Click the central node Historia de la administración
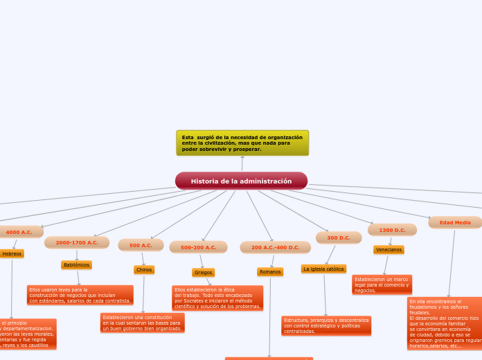241,181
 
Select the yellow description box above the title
242,143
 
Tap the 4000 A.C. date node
19,232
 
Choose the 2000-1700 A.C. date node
77,243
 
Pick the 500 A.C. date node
141,245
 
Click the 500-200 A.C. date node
198,247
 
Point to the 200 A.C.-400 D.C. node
275,247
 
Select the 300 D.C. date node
339,237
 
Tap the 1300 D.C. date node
392,230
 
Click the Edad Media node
454,223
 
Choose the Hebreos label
12,254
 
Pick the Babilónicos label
76,265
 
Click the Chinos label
144,269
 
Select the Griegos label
203,272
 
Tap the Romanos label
270,272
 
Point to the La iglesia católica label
323,269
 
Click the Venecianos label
389,249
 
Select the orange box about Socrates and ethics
217,298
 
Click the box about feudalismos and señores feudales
444,323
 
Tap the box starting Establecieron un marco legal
382,285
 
